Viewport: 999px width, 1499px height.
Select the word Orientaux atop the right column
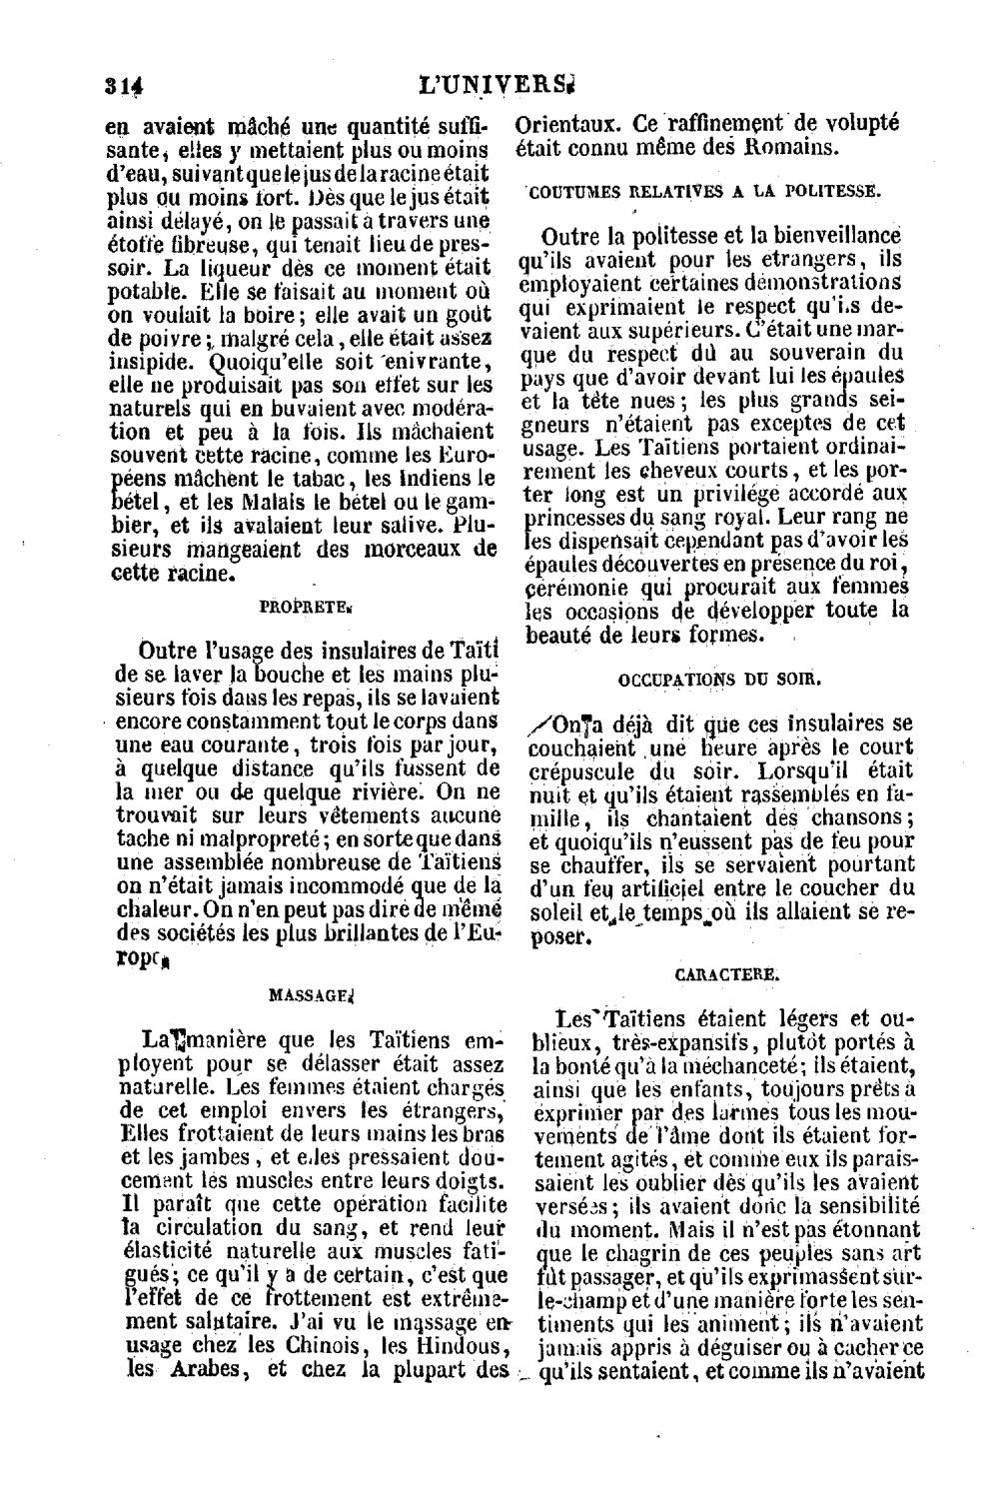(566, 125)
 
